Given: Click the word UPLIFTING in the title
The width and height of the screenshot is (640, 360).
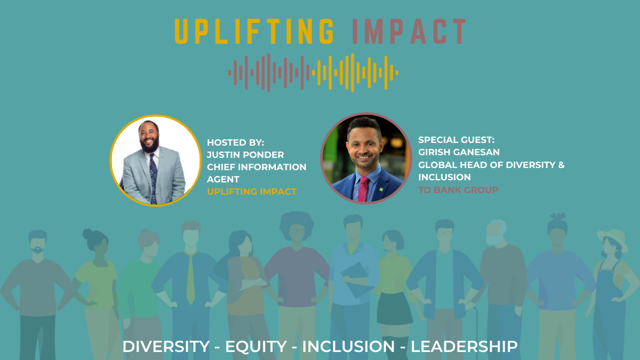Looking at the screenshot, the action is (254, 31).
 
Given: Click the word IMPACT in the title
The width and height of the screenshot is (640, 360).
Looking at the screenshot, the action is (410, 31).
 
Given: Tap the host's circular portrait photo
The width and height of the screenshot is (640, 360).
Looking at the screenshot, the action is (156, 161).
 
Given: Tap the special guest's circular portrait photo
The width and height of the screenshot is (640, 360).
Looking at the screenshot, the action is (366, 158).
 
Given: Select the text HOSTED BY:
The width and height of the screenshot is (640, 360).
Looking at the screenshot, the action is (235, 142).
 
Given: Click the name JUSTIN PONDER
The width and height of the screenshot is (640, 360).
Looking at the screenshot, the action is (245, 155).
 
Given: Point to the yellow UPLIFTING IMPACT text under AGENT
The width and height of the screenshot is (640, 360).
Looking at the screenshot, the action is (252, 191).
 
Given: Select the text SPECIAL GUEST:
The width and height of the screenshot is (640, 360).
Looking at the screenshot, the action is (457, 140).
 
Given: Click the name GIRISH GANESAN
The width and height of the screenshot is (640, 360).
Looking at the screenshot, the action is (459, 152).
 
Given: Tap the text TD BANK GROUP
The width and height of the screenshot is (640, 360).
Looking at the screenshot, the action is (458, 190).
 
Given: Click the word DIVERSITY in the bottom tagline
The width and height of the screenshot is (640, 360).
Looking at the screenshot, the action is (166, 347).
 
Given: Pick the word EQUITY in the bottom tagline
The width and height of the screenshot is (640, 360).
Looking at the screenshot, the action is (256, 347).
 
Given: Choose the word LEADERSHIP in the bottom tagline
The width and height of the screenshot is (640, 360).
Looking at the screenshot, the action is (464, 347).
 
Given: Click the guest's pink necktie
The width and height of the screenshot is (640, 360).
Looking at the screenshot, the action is (363, 189).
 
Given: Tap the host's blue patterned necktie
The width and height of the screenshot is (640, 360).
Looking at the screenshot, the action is (154, 179).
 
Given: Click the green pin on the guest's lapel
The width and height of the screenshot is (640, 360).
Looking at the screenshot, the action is (381, 189).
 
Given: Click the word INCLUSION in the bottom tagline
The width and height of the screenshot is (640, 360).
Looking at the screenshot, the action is (349, 347).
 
